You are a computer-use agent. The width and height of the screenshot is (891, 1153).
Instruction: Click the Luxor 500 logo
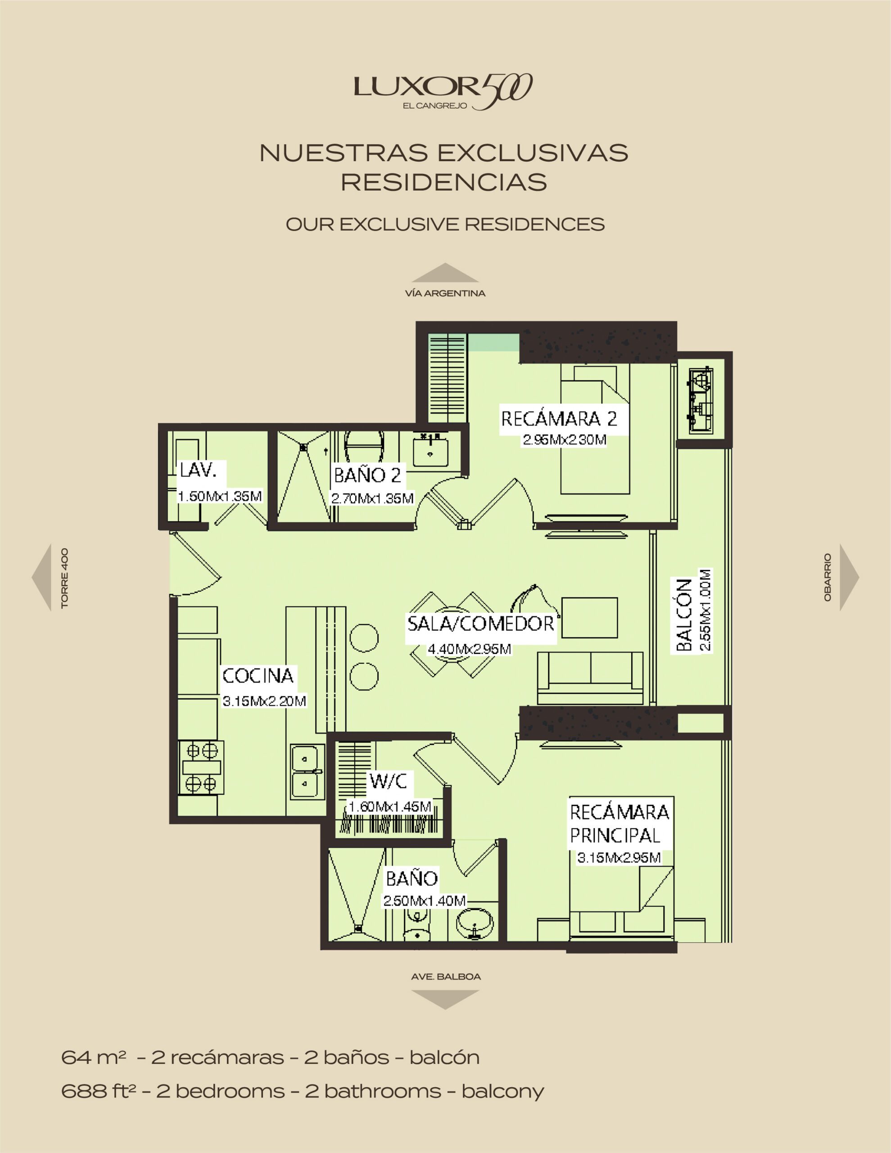click(x=442, y=91)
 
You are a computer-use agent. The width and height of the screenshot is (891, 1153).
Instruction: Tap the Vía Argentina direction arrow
click(x=445, y=273)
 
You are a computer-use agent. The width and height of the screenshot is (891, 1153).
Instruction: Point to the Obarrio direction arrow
click(x=848, y=577)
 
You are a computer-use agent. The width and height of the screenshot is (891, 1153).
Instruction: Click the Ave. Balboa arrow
click(x=445, y=999)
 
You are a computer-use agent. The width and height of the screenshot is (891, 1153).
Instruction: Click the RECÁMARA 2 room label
click(x=558, y=419)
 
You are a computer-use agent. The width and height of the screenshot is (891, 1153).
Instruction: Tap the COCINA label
click(x=258, y=676)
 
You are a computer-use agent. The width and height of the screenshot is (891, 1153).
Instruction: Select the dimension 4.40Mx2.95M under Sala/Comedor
click(x=469, y=649)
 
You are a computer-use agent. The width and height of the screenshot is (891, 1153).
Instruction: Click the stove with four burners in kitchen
click(x=201, y=767)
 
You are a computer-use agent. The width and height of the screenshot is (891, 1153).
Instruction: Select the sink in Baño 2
click(x=430, y=452)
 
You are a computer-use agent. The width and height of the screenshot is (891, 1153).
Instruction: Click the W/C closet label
click(x=388, y=781)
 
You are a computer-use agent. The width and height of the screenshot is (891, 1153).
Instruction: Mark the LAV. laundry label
click(x=198, y=470)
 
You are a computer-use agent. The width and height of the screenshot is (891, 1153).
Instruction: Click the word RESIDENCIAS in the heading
click(x=443, y=182)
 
